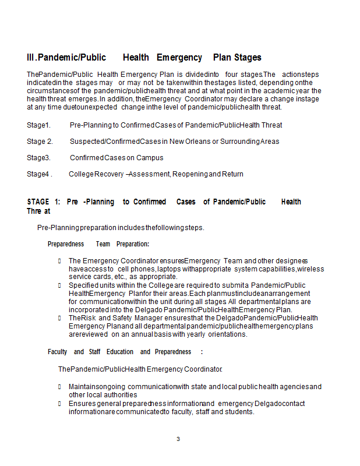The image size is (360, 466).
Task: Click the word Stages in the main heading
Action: [248, 58]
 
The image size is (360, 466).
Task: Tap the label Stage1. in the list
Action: [38, 125]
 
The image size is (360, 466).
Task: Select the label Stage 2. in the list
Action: [40, 142]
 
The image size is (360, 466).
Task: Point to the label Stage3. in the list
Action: [38, 158]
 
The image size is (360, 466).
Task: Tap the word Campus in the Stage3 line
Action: [150, 158]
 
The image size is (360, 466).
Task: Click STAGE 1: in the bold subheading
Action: [44, 202]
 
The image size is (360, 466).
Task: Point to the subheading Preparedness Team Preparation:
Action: [98, 244]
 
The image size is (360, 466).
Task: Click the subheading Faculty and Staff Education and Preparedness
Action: [125, 352]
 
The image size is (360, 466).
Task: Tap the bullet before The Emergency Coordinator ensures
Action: [60, 261]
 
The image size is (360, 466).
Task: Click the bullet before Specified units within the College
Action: [60, 285]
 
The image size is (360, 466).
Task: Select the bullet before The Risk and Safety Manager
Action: [60, 318]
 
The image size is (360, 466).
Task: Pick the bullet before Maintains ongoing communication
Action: [60, 387]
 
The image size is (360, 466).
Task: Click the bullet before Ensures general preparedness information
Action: [60, 404]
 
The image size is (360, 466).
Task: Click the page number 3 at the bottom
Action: [178, 439]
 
